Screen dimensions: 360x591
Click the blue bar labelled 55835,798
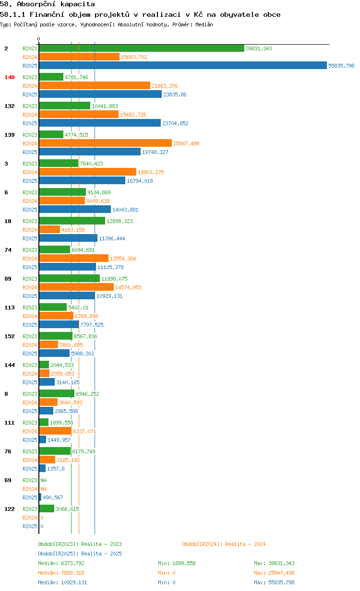pos(183,65)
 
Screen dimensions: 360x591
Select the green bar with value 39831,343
pos(142,48)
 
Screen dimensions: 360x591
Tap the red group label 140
pos(10,77)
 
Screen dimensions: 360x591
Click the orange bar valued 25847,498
pos(106,143)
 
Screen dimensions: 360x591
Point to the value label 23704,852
pos(175,123)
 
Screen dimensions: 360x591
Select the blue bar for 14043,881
pos(75,209)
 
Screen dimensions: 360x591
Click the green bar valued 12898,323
pos(72,221)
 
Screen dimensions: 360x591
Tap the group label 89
pos(8,279)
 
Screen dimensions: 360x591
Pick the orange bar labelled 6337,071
pos(55,431)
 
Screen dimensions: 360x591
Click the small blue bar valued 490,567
pos(40,497)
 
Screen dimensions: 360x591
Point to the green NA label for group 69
pos(43,480)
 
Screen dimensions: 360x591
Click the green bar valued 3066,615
pos(47,508)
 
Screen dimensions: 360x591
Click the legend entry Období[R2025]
pos(58,554)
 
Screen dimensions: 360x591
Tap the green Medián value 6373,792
pos(72,563)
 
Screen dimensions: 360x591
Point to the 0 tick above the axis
pos(39,39)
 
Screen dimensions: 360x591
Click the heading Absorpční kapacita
pos(56,4)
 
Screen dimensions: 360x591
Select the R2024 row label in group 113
pos(30,316)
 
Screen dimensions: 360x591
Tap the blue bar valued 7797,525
pos(59,324)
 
